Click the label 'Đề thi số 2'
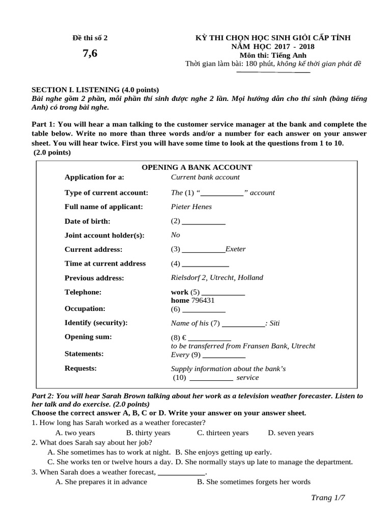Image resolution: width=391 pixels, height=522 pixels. click(91, 38)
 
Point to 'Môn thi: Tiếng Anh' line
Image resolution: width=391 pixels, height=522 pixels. click(277, 55)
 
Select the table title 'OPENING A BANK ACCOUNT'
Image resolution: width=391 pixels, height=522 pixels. click(197, 167)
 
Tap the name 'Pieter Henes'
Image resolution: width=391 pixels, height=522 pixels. click(191, 207)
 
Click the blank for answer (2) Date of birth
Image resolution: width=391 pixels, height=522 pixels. click(203, 222)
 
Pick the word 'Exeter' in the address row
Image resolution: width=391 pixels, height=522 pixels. click(235, 249)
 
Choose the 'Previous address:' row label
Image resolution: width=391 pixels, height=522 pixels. click(94, 278)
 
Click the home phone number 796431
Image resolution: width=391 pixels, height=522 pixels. click(204, 300)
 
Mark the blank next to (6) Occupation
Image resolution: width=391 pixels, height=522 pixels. click(203, 309)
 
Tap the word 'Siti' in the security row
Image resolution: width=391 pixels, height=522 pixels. click(274, 323)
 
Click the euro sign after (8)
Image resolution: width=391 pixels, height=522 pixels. click(184, 337)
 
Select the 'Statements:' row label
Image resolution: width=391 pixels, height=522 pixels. click(84, 354)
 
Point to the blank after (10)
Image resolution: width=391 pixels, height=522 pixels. click(211, 378)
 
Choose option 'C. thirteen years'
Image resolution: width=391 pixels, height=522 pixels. click(222, 433)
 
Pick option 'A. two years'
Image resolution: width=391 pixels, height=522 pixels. click(75, 433)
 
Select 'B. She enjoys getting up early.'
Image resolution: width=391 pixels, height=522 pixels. click(223, 452)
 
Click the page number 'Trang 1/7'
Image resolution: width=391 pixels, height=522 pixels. click(328, 498)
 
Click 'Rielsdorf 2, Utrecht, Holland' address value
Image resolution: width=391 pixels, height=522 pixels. click(217, 278)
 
